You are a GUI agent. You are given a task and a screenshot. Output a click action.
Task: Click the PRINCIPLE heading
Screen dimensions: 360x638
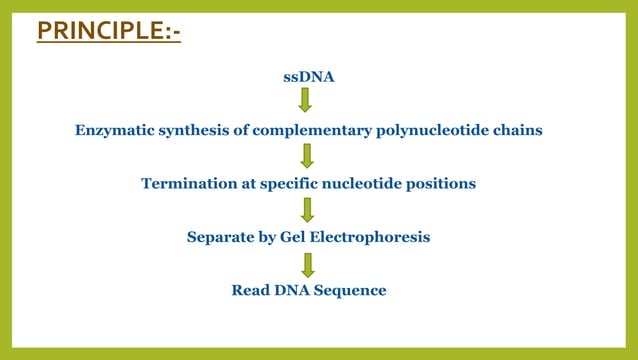click(x=108, y=30)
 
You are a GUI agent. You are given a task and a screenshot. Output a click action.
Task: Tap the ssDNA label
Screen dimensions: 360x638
click(x=308, y=77)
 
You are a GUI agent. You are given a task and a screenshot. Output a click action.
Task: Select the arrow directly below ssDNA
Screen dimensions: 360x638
click(x=306, y=100)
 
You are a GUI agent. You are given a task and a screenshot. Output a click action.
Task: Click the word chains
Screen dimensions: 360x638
click(x=520, y=130)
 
